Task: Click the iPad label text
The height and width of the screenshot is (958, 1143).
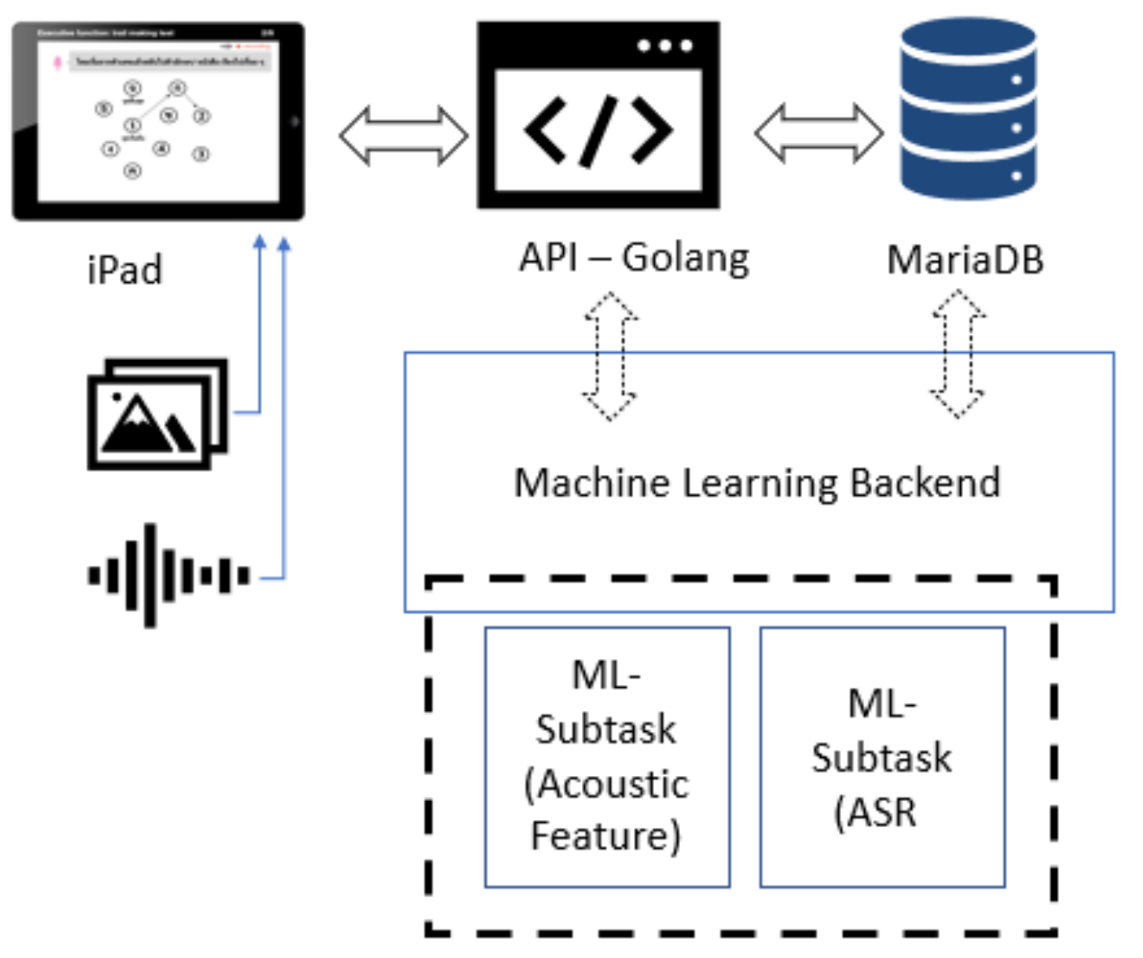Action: click(x=125, y=270)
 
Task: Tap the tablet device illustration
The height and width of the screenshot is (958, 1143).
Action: click(x=158, y=121)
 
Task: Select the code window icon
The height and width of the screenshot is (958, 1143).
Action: click(x=598, y=115)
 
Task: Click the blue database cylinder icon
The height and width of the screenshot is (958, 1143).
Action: click(x=969, y=109)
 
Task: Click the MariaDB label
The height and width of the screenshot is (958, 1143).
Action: click(x=965, y=260)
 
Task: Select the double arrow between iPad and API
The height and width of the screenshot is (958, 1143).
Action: click(x=403, y=136)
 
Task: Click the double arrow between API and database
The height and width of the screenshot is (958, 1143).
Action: click(x=818, y=133)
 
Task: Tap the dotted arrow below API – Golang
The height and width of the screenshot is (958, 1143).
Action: click(x=610, y=356)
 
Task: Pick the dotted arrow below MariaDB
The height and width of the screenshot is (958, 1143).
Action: click(x=957, y=354)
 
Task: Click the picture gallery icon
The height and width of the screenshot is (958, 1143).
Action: click(x=157, y=414)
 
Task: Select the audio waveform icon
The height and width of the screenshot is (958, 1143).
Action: click(x=168, y=576)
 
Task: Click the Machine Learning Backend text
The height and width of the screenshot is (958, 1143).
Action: click(x=757, y=483)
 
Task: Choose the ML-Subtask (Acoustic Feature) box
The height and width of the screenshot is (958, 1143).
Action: click(x=607, y=757)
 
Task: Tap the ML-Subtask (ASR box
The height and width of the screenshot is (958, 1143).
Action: click(x=882, y=757)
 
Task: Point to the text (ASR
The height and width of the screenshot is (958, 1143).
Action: click(x=875, y=812)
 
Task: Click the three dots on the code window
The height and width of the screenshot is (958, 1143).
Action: click(x=665, y=46)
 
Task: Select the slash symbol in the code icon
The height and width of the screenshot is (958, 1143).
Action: click(x=599, y=131)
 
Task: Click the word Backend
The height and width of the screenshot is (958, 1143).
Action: click(x=925, y=483)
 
